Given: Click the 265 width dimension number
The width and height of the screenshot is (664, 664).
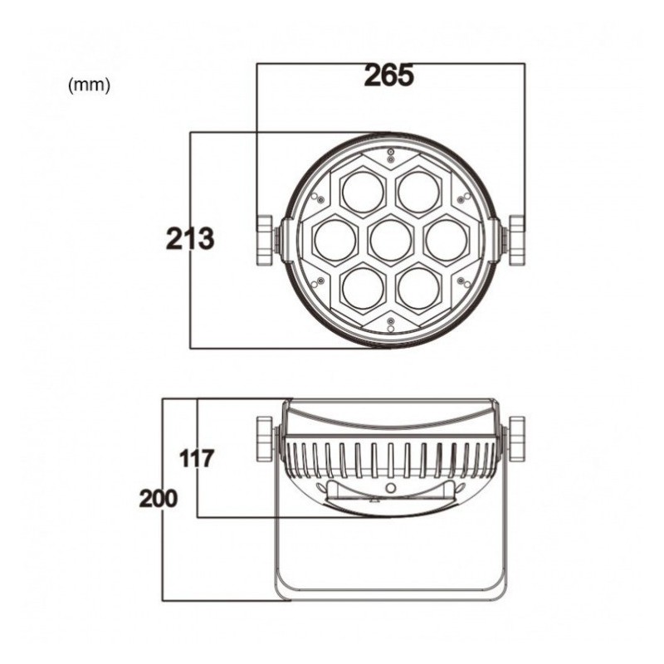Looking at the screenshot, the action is pos(388,76).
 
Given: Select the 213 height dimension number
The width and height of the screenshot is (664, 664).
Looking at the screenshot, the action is pos(190,239).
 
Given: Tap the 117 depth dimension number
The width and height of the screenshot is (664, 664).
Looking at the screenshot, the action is pos(197,459).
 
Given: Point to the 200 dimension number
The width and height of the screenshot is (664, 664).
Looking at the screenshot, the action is pos(159,499).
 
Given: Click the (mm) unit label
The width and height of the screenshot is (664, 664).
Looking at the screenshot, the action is pos(89,85).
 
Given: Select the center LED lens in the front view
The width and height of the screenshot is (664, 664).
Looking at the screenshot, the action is pos(390,240).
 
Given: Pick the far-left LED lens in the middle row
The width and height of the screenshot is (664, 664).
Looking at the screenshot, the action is pos(335,240).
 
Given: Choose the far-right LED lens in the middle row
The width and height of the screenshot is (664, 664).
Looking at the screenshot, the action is pos(447,240).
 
